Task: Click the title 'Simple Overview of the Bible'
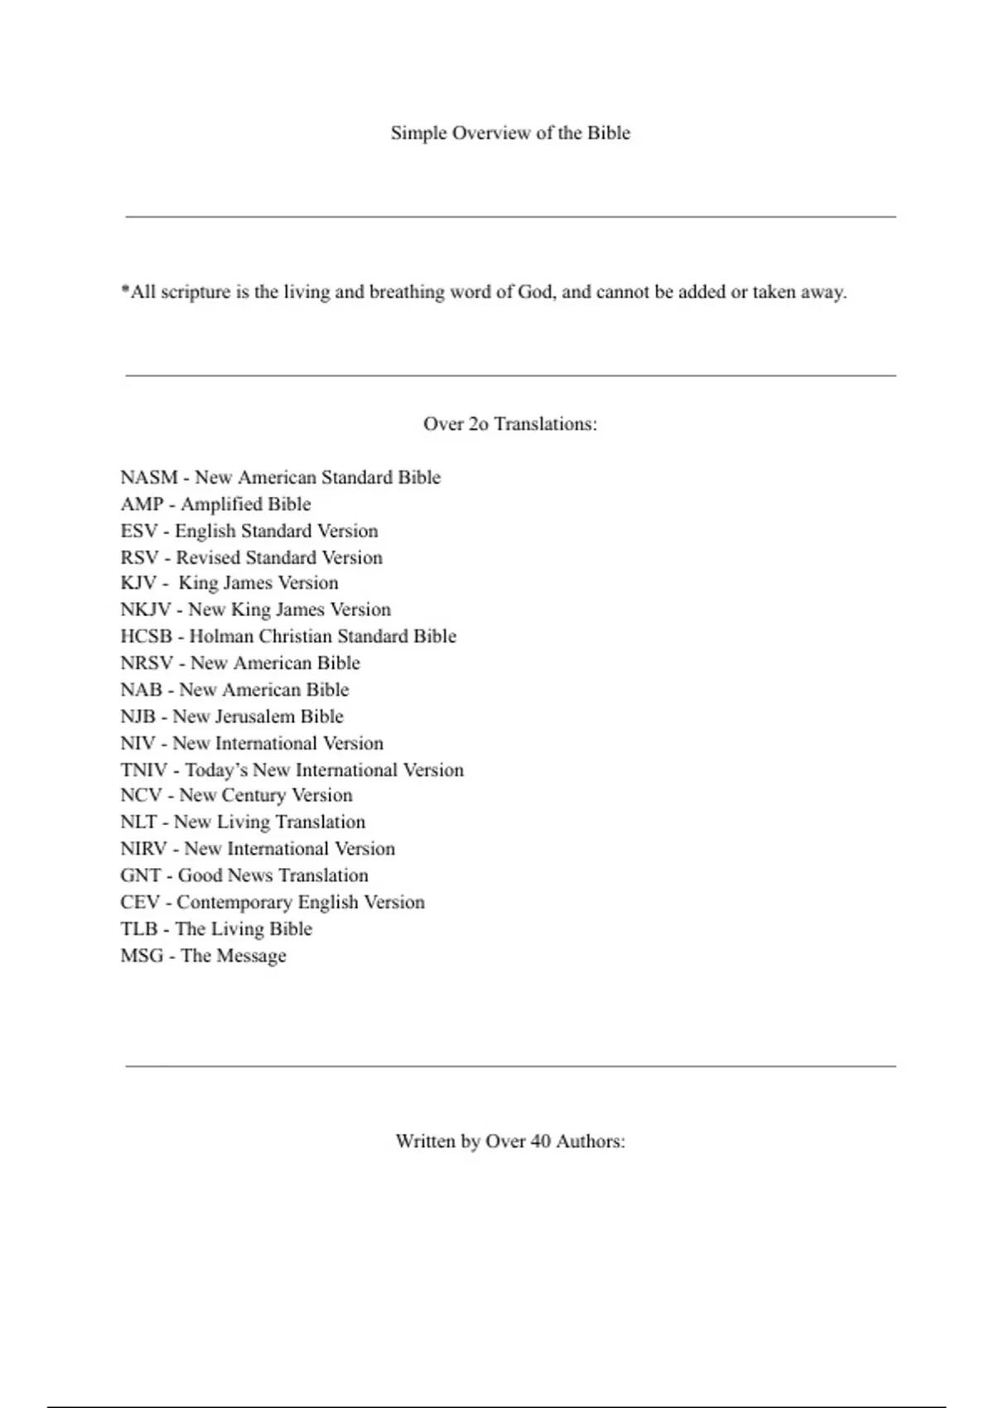point(510,133)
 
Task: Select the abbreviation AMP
point(142,504)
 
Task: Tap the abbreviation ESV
point(138,531)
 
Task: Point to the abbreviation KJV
point(138,583)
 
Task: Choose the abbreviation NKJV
point(146,610)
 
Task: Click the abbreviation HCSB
point(147,636)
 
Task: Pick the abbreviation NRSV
point(147,663)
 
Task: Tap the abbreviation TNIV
point(143,770)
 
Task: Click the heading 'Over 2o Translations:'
point(510,424)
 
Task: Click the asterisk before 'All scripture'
point(125,290)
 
